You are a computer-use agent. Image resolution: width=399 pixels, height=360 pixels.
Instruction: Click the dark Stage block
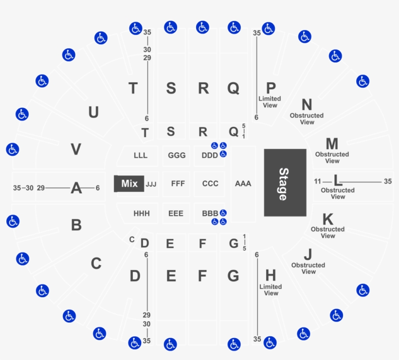pyautogui.click(x=285, y=182)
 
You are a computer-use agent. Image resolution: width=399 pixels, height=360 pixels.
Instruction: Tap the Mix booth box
pyautogui.click(x=129, y=183)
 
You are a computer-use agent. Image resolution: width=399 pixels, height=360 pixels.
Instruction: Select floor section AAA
pyautogui.click(x=243, y=183)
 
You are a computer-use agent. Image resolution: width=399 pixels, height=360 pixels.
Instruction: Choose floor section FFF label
pyautogui.click(x=178, y=183)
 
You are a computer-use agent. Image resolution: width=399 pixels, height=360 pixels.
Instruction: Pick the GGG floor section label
pyautogui.click(x=177, y=155)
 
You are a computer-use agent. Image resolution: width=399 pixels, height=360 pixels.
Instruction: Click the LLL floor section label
pyautogui.click(x=141, y=155)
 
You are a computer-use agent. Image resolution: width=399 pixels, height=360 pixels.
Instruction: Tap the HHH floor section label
pyautogui.click(x=142, y=213)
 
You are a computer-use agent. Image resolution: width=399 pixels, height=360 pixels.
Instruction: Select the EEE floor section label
pyautogui.click(x=176, y=213)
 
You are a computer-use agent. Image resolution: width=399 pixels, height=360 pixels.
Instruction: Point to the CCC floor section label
pyautogui.click(x=210, y=183)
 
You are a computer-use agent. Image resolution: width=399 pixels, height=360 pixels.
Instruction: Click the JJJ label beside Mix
pyautogui.click(x=151, y=184)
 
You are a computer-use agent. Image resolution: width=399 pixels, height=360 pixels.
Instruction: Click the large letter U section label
pyautogui.click(x=93, y=112)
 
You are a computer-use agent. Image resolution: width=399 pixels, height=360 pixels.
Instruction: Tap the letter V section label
pyautogui.click(x=76, y=149)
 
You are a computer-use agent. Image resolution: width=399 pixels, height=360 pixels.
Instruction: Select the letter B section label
pyautogui.click(x=76, y=225)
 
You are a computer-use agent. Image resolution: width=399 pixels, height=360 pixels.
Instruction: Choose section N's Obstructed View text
pyautogui.click(x=307, y=119)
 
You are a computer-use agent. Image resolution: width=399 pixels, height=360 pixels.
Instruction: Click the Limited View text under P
pyautogui.click(x=270, y=102)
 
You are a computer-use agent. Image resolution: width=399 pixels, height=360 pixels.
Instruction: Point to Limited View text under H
pyautogui.click(x=271, y=290)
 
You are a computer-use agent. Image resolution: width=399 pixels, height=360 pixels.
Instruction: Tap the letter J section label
pyautogui.click(x=308, y=254)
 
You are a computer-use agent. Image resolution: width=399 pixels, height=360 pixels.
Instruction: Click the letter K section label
pyautogui.click(x=328, y=219)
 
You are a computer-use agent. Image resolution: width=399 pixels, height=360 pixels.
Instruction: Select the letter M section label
pyautogui.click(x=332, y=144)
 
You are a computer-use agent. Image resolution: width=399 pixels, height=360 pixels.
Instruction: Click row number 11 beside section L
pyautogui.click(x=317, y=181)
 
